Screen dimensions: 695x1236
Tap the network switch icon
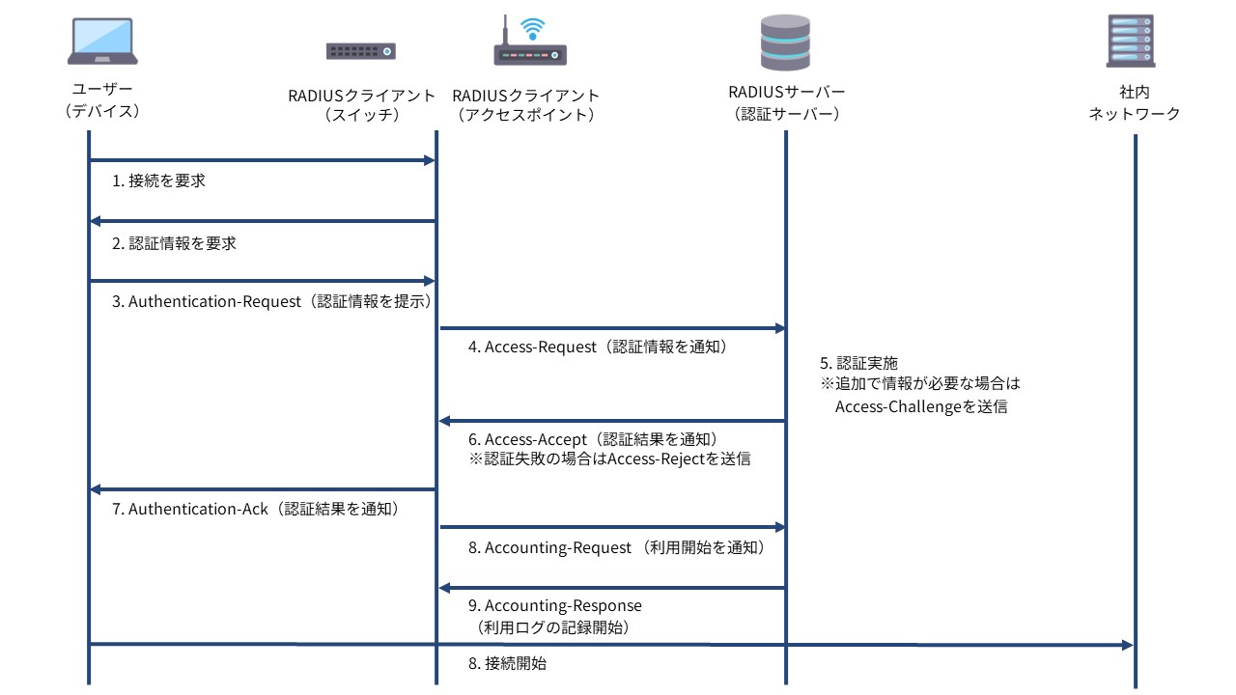(361, 52)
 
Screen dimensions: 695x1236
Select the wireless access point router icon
(530, 43)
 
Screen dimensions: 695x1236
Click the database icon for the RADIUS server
(786, 43)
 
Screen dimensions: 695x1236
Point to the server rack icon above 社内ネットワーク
(1131, 41)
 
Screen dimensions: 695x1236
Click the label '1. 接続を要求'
(158, 181)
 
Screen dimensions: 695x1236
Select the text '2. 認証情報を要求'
(174, 244)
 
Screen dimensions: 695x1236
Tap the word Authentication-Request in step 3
(214, 301)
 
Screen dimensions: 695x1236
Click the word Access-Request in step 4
(541, 347)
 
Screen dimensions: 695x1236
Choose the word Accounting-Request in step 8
(558, 547)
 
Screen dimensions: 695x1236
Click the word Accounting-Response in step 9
(563, 606)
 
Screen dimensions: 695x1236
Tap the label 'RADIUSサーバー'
(786, 93)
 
